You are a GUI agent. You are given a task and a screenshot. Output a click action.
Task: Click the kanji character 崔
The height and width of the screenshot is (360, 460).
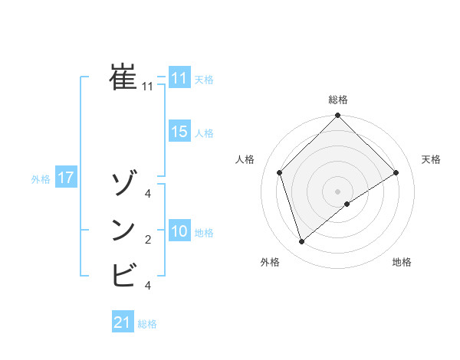[123, 77]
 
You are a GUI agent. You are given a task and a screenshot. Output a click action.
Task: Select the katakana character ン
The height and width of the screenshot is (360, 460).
[123, 230]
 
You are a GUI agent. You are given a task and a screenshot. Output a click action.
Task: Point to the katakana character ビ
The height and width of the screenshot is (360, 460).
[123, 274]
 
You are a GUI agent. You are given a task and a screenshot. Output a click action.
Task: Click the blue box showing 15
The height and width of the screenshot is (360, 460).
[179, 132]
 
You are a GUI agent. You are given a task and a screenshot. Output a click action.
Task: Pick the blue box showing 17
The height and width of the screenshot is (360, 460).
[65, 178]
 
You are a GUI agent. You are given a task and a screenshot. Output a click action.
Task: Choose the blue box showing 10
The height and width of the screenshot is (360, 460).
[179, 231]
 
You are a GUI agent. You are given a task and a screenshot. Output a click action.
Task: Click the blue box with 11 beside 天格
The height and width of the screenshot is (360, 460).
[179, 78]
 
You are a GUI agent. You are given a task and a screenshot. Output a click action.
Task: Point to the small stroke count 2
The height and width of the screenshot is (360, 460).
[148, 241]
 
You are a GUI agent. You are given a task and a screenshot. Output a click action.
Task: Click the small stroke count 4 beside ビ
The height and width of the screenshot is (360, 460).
[148, 286]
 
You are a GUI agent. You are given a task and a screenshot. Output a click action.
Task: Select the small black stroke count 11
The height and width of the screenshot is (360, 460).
[148, 87]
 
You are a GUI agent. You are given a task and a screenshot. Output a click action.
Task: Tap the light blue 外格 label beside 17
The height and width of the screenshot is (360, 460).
[41, 179]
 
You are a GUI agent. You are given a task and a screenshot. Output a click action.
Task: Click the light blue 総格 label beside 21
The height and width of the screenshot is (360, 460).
[147, 324]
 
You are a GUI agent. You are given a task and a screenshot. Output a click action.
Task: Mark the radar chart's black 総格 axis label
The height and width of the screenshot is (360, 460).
[338, 100]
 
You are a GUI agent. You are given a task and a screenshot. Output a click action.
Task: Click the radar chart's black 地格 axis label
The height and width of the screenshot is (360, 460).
[402, 263]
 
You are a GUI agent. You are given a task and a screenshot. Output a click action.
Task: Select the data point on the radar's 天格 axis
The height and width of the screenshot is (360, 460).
[396, 172]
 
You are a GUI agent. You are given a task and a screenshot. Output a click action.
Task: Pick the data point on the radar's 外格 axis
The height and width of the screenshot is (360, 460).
[302, 242]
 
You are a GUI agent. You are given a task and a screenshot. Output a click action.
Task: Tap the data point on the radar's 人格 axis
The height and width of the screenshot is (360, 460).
[280, 172]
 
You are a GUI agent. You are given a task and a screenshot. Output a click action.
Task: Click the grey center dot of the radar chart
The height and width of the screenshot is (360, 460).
[338, 191]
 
